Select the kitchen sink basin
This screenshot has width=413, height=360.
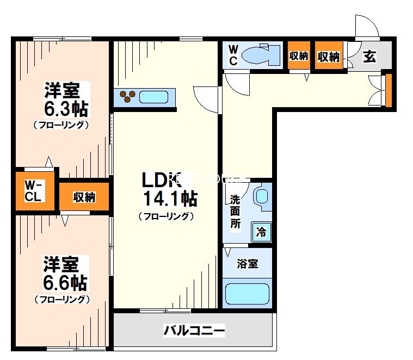tap(153, 97)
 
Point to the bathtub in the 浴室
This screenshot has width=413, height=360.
tap(247, 294)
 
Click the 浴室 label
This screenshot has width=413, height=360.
tap(247, 264)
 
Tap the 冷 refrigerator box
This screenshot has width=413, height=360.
tap(261, 233)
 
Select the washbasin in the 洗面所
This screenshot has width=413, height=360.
tap(262, 196)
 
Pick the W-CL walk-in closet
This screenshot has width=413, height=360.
tap(34, 191)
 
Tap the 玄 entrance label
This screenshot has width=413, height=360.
tap(370, 56)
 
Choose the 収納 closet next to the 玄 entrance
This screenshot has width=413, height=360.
tap(329, 56)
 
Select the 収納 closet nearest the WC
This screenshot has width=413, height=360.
tap(299, 55)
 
